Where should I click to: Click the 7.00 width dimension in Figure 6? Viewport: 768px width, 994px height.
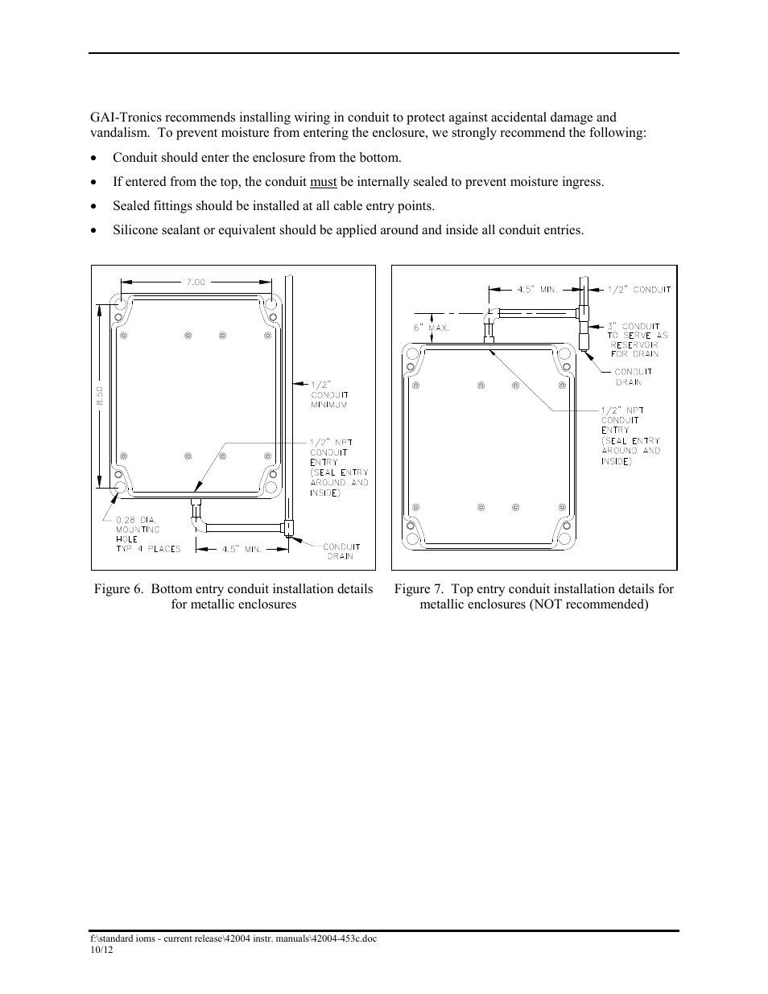196,283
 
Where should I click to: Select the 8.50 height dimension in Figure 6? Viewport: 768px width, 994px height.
100,396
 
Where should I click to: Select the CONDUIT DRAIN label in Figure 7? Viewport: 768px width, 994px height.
634,377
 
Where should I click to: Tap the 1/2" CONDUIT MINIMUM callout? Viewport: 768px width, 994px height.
328,394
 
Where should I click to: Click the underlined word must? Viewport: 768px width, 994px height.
323,182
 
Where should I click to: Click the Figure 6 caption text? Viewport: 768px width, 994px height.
233,596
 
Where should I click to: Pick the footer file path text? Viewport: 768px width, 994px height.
233,938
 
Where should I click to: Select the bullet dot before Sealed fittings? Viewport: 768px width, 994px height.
96,207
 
